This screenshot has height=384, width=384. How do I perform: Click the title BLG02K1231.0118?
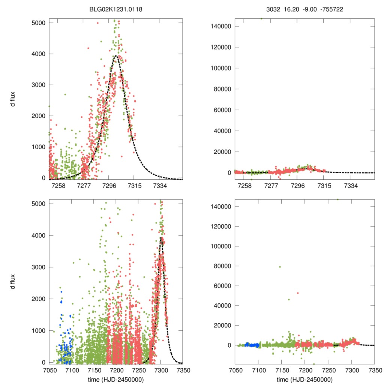click(x=116, y=6)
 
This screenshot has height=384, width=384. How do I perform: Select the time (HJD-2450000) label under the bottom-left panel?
click(x=116, y=379)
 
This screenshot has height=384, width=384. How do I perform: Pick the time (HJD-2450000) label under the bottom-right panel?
click(x=304, y=379)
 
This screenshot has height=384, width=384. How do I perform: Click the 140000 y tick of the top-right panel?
click(x=221, y=26)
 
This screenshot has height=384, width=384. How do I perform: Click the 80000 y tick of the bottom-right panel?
click(x=222, y=266)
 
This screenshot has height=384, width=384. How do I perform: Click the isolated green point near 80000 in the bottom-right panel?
click(x=280, y=267)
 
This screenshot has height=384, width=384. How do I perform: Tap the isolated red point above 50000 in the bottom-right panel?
click(x=298, y=293)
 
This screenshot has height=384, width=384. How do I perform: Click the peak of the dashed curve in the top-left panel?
click(x=116, y=56)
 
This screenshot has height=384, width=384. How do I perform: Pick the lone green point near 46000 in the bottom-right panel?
click(x=289, y=299)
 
